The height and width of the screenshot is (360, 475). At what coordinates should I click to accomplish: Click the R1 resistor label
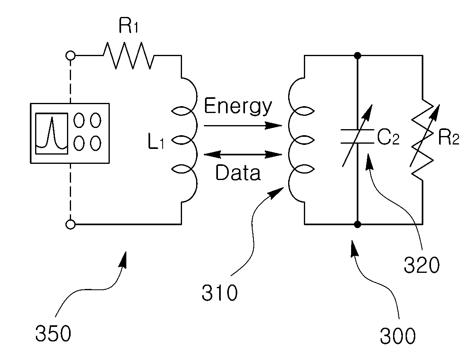(128, 26)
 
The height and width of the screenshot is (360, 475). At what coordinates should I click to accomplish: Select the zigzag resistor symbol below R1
(128, 55)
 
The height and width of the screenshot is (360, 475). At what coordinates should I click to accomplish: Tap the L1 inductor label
(156, 142)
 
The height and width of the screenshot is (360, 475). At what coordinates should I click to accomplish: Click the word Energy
(238, 107)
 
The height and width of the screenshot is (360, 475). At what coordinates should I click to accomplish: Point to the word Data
(238, 173)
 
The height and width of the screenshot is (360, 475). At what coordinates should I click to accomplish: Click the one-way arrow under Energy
(243, 125)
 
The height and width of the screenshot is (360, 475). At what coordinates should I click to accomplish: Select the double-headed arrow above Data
(243, 155)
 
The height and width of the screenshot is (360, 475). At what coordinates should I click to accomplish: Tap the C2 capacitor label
(388, 137)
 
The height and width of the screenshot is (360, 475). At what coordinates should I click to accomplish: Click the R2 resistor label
(449, 138)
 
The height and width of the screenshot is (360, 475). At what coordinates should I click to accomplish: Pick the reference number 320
(421, 265)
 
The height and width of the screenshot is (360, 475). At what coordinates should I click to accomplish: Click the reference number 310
(220, 293)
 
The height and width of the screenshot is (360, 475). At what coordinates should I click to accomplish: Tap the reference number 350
(53, 333)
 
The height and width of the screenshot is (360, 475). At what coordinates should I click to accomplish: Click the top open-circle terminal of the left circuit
(71, 55)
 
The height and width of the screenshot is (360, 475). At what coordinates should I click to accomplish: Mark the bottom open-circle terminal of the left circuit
(71, 224)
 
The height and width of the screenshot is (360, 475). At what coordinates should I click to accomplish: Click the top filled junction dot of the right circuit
(358, 55)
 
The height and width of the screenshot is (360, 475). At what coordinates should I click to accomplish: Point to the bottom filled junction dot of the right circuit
(358, 224)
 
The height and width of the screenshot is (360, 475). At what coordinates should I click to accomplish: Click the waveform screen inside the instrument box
(52, 134)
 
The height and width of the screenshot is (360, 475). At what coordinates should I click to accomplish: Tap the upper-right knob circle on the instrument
(96, 120)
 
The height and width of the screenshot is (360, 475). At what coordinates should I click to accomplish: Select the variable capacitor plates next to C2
(358, 136)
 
